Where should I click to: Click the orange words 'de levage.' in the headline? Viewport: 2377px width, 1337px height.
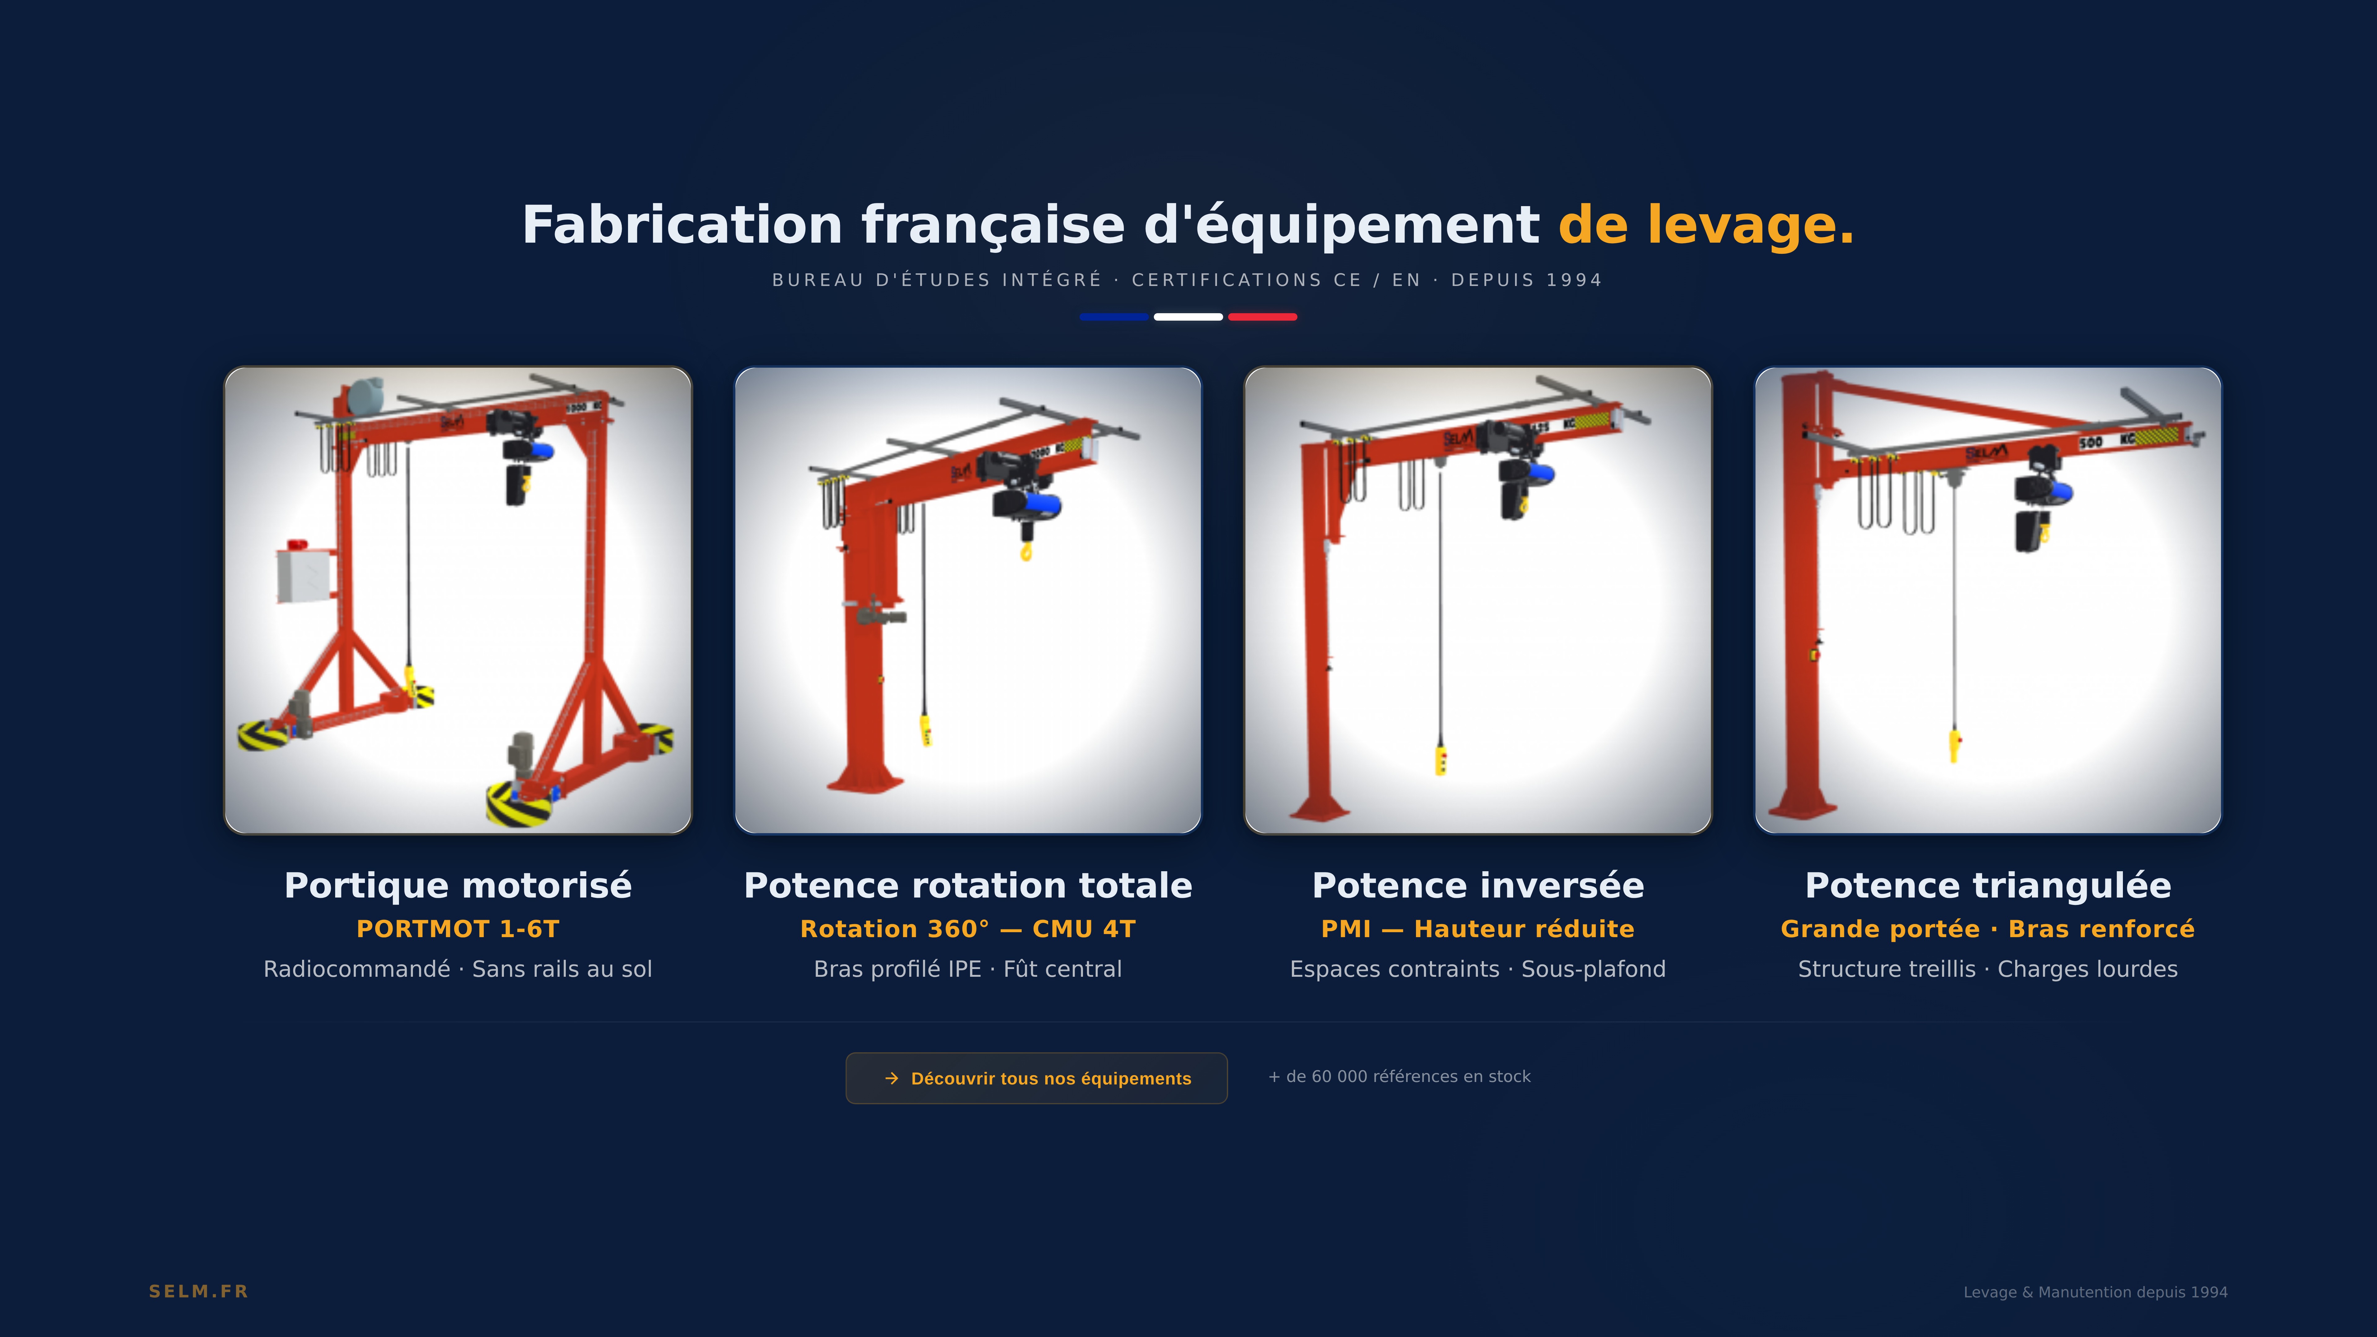[x=1706, y=225]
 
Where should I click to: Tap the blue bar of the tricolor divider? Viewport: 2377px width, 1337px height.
[x=1114, y=317]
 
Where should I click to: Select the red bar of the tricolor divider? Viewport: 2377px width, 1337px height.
[x=1262, y=317]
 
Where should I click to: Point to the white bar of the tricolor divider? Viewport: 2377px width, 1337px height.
[x=1188, y=317]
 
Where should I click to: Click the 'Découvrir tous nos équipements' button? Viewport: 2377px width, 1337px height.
[x=1036, y=1078]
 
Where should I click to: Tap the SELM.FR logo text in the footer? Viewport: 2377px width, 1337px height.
[x=198, y=1291]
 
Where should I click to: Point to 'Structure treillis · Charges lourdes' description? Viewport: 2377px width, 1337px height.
[x=1989, y=969]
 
